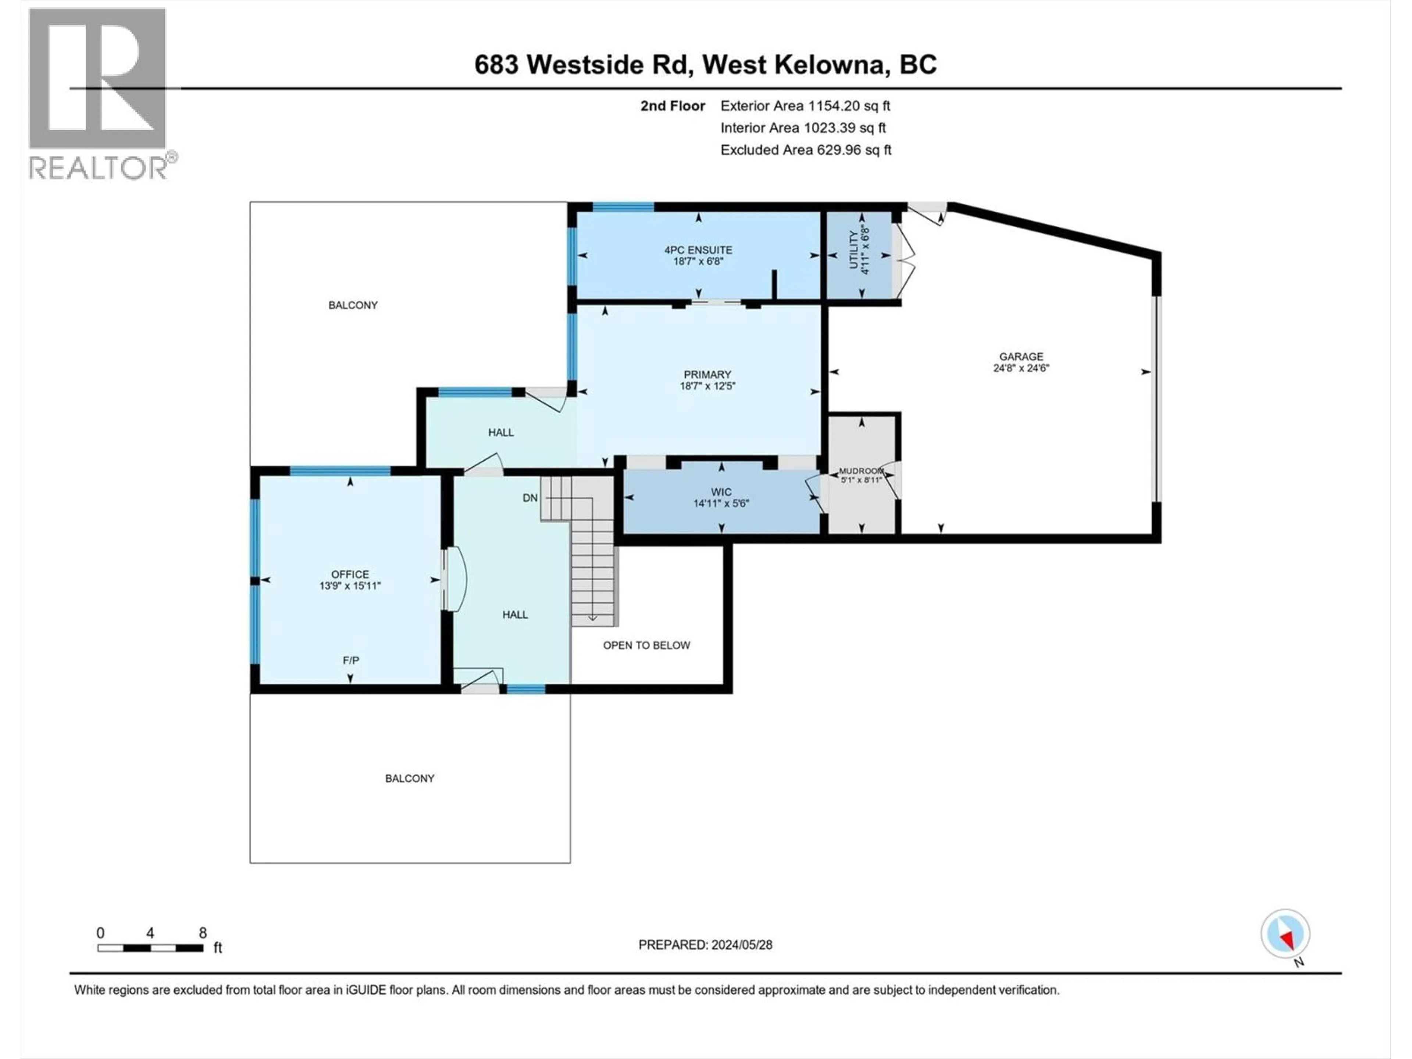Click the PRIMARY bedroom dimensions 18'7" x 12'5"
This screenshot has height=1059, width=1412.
tap(707, 386)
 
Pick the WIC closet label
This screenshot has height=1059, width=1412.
tap(721, 492)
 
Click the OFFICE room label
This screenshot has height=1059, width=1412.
tap(350, 574)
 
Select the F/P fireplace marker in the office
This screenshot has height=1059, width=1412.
tap(350, 660)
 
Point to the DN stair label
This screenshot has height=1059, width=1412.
tap(530, 498)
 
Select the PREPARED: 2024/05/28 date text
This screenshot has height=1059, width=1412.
tap(705, 945)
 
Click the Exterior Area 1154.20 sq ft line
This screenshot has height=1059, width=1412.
tap(805, 106)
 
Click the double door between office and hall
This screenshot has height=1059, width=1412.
tap(453, 580)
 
